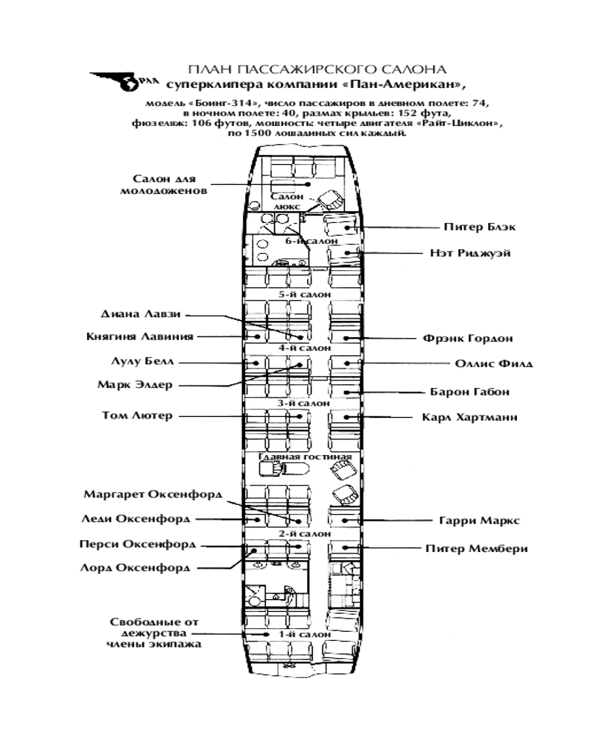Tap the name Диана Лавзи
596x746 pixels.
tap(140, 314)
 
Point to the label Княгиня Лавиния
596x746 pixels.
tap(139, 336)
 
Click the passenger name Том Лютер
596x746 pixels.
tap(136, 416)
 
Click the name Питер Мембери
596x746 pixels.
tap(476, 548)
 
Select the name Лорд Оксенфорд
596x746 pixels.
tap(135, 568)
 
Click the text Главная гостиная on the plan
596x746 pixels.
tap(305, 456)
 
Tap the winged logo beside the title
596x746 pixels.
tap(115, 81)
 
